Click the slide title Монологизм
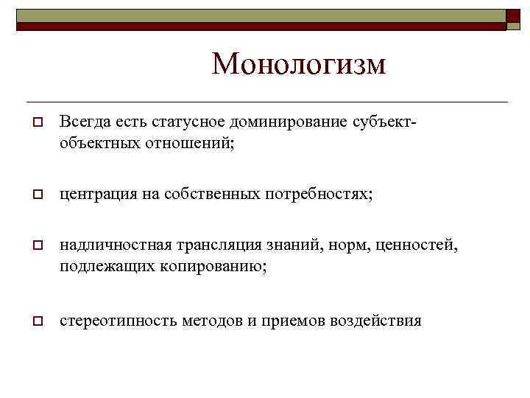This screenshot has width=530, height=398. click(x=298, y=64)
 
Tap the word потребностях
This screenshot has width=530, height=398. click(x=317, y=194)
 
